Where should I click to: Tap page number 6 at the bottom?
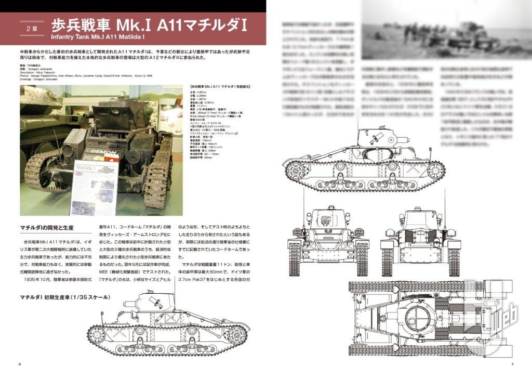tap(19, 363)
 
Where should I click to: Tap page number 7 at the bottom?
tap(512, 363)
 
